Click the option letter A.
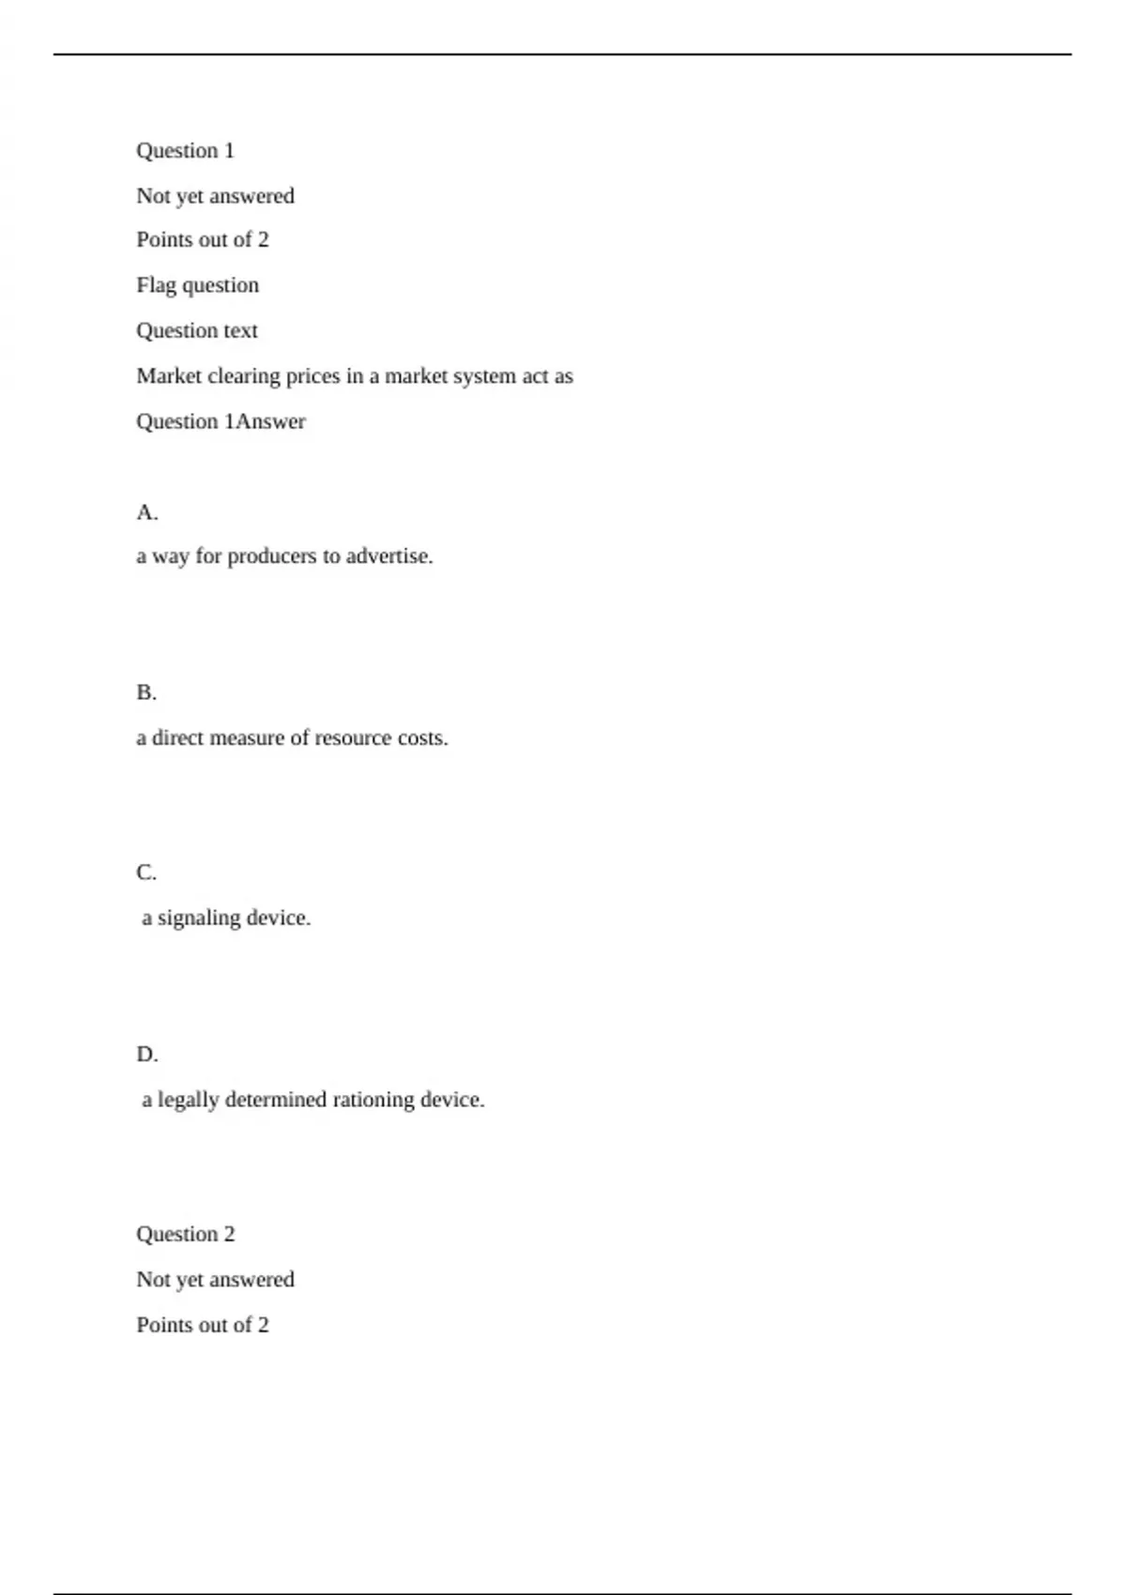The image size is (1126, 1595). pyautogui.click(x=146, y=512)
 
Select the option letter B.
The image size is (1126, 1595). pyautogui.click(x=146, y=692)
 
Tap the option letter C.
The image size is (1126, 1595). pyautogui.click(x=146, y=873)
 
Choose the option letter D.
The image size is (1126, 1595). pyautogui.click(x=146, y=1055)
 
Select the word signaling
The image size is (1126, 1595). pyautogui.click(x=199, y=919)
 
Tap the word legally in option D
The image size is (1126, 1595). pyautogui.click(x=188, y=1100)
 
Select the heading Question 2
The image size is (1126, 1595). pyautogui.click(x=186, y=1234)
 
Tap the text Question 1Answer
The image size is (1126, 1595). pyautogui.click(x=221, y=422)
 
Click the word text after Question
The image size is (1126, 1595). pyautogui.click(x=240, y=331)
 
